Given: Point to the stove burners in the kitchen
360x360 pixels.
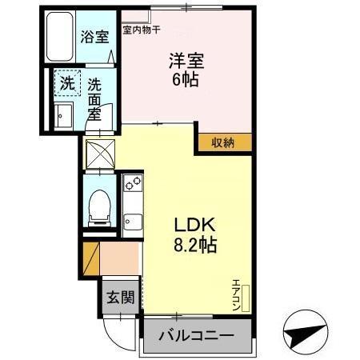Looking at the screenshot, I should [131, 189].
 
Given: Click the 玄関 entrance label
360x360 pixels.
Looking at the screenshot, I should [121, 297].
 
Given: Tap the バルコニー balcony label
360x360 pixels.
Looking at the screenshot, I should [195, 335].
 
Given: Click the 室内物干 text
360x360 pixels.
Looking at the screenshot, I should [141, 30].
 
